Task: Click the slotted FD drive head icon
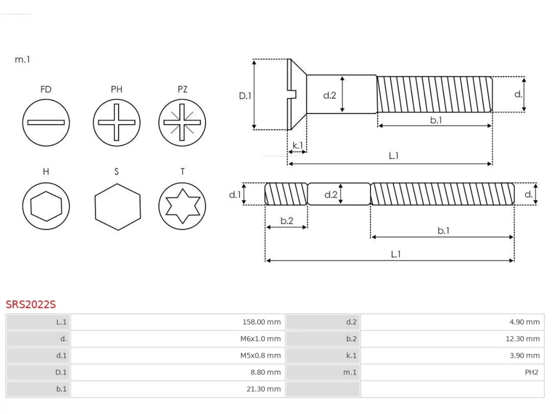[x=46, y=122]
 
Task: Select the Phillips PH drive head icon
[x=116, y=122]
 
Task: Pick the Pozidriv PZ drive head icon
[x=182, y=122]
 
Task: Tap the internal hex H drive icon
[x=46, y=206]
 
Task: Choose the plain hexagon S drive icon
[x=118, y=207]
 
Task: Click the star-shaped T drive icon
[x=182, y=206]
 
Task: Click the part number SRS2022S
[x=31, y=304]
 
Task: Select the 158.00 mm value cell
[x=178, y=322]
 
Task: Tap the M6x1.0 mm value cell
[x=178, y=339]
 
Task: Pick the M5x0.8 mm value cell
[x=178, y=355]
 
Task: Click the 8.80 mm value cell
[x=178, y=372]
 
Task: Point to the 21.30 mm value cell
[x=178, y=389]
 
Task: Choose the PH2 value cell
[x=452, y=372]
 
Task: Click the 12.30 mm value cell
[x=452, y=339]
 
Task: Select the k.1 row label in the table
[x=351, y=355]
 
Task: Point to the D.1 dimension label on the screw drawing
[x=245, y=96]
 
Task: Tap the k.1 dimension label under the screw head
[x=298, y=145]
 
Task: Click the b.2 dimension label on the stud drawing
[x=287, y=221]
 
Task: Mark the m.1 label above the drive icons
[x=22, y=60]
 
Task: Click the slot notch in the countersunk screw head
[x=292, y=94]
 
